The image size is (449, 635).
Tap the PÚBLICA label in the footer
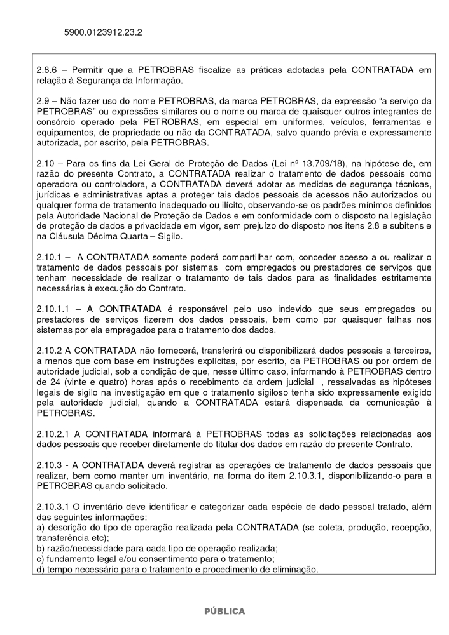[x=224, y=611]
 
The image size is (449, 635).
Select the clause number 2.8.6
[x=47, y=68]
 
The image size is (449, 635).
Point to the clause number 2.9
[x=43, y=100]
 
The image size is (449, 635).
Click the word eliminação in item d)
[x=293, y=569]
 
